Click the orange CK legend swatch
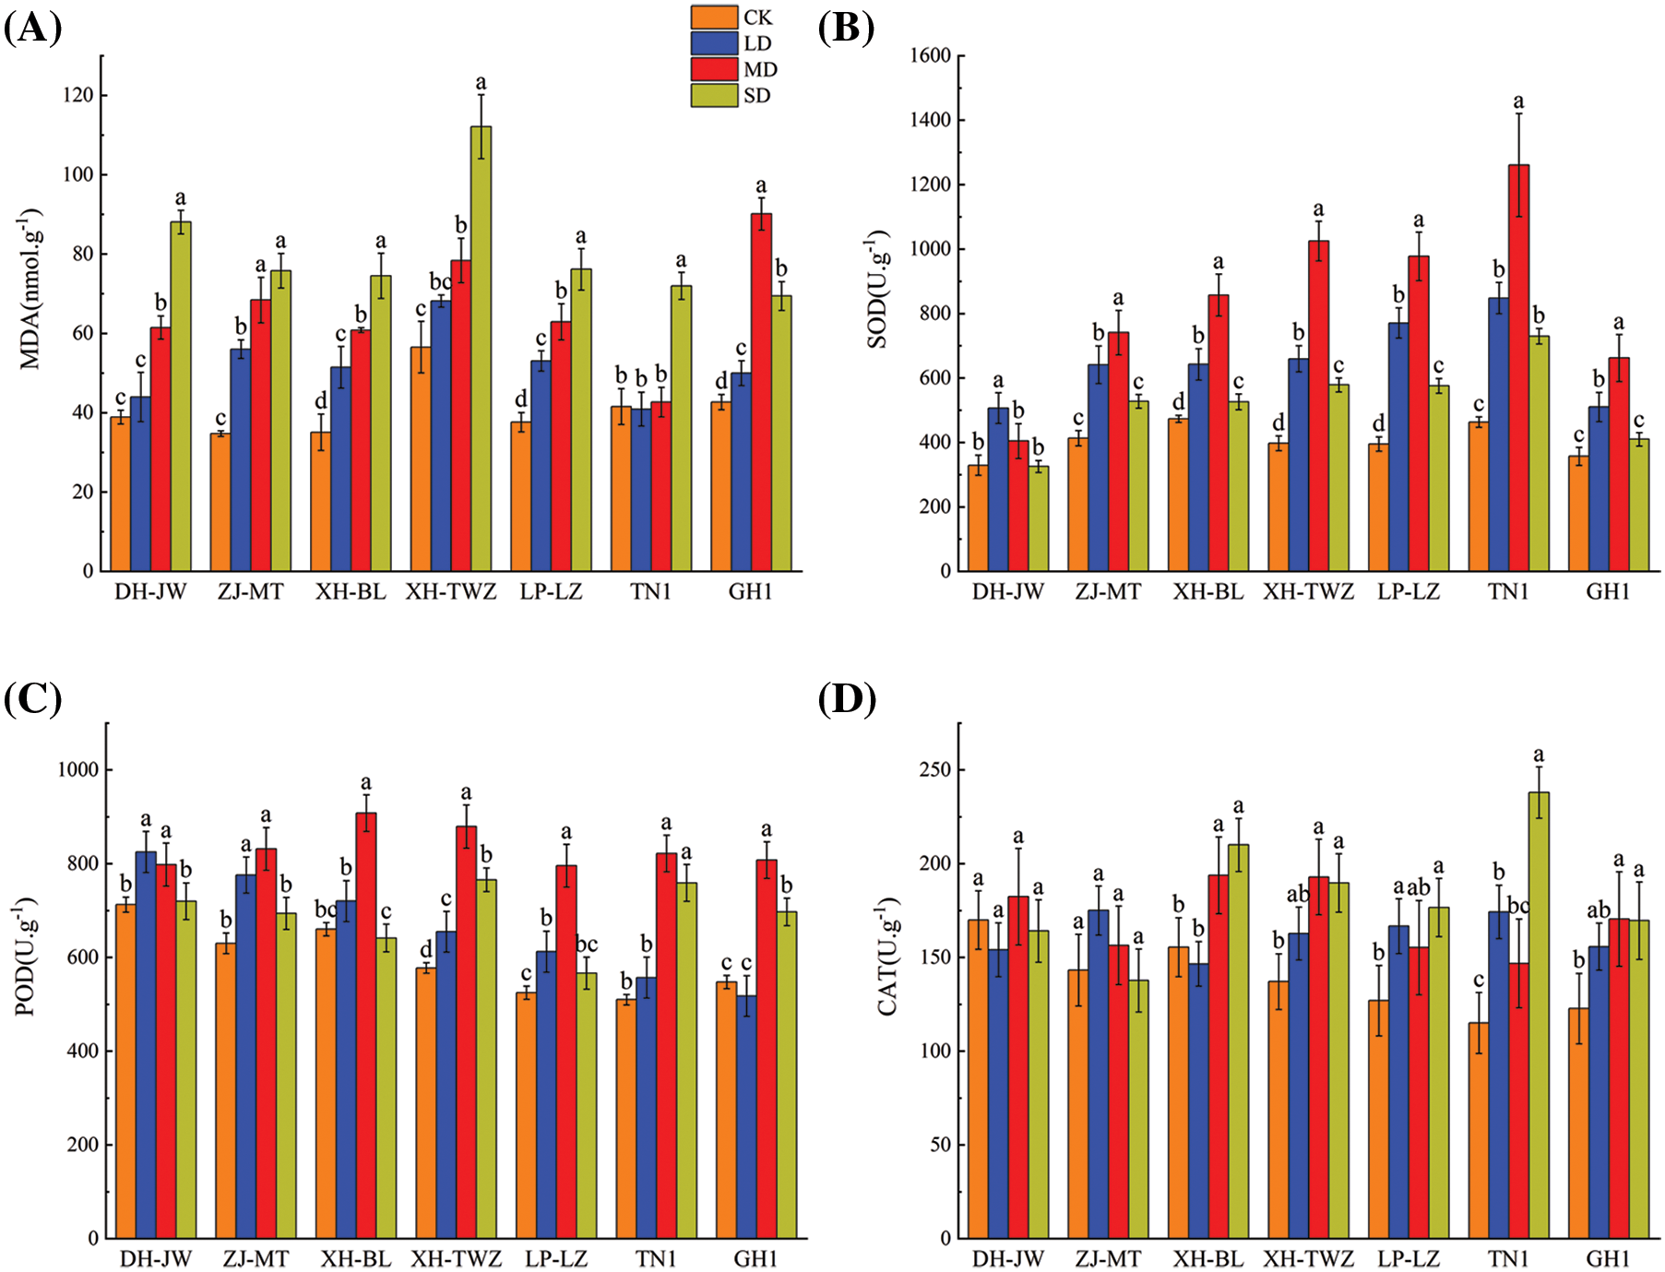click(x=714, y=18)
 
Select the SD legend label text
click(x=756, y=96)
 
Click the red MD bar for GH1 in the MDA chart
click(x=761, y=392)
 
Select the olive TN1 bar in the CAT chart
click(x=1539, y=1015)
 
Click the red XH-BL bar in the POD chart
click(x=366, y=1025)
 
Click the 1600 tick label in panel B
click(x=930, y=56)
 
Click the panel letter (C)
click(x=32, y=699)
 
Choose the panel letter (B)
click(x=846, y=30)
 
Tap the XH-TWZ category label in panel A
click(x=451, y=592)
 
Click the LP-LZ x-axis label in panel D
click(x=1409, y=1259)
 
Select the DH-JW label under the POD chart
click(x=156, y=1259)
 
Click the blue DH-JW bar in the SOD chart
click(x=998, y=489)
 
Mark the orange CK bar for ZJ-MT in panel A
click(x=220, y=502)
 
